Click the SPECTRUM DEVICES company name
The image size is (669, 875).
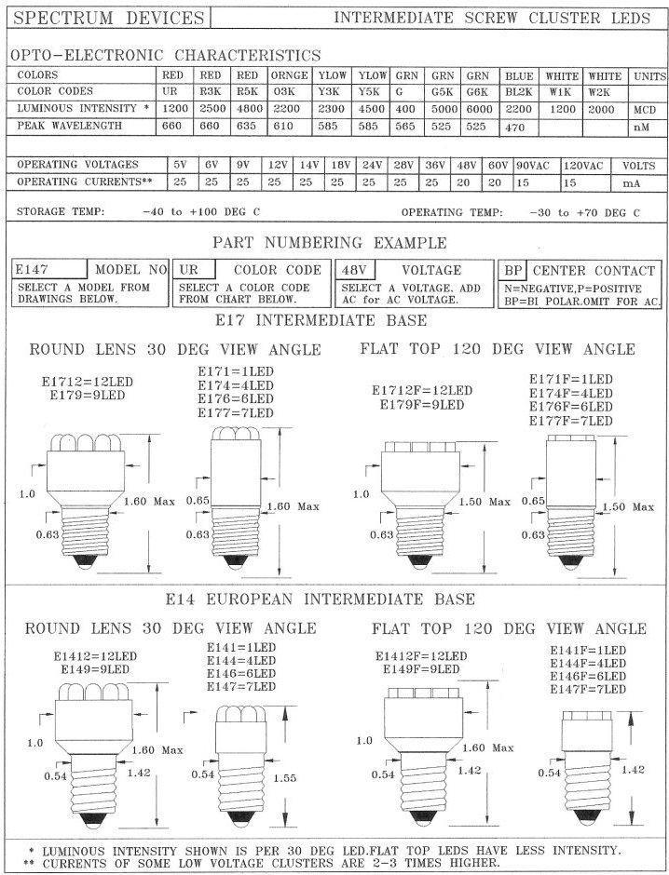click(108, 18)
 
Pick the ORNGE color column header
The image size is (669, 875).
click(284, 74)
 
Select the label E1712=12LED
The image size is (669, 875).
click(88, 380)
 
